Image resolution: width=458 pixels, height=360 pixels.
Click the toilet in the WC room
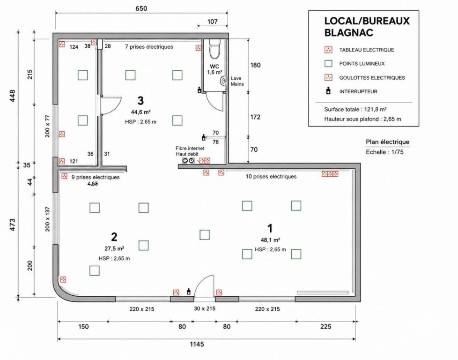pyautogui.click(x=214, y=49)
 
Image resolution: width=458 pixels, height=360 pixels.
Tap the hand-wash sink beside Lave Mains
pyautogui.click(x=224, y=81)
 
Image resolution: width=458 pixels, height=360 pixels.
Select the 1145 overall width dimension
pyautogui.click(x=197, y=344)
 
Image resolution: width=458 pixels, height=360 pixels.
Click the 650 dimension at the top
pyautogui.click(x=141, y=8)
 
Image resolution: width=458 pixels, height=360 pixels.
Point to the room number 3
pyautogui.click(x=140, y=101)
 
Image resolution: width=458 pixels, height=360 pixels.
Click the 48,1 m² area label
pyautogui.click(x=271, y=240)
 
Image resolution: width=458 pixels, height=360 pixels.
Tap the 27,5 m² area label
pyautogui.click(x=114, y=248)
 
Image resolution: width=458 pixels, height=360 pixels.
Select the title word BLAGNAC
pyautogui.click(x=349, y=32)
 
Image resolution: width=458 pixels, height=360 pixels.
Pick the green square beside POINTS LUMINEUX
pyautogui.click(x=328, y=63)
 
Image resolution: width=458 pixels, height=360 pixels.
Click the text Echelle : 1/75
pyautogui.click(x=384, y=152)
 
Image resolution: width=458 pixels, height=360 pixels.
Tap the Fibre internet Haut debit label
pyautogui.click(x=190, y=151)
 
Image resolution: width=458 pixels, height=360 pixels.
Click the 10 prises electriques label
pyautogui.click(x=271, y=177)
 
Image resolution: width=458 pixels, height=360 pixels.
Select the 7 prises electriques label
pyautogui.click(x=149, y=47)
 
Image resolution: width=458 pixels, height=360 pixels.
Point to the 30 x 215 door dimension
pyautogui.click(x=205, y=308)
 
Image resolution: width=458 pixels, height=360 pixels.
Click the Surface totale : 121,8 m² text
pyautogui.click(x=355, y=109)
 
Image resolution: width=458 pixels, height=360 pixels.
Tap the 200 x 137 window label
pyautogui.click(x=48, y=219)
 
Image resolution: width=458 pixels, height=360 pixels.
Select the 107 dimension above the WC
pyautogui.click(x=212, y=22)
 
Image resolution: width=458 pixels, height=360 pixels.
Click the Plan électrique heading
pyautogui.click(x=388, y=142)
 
